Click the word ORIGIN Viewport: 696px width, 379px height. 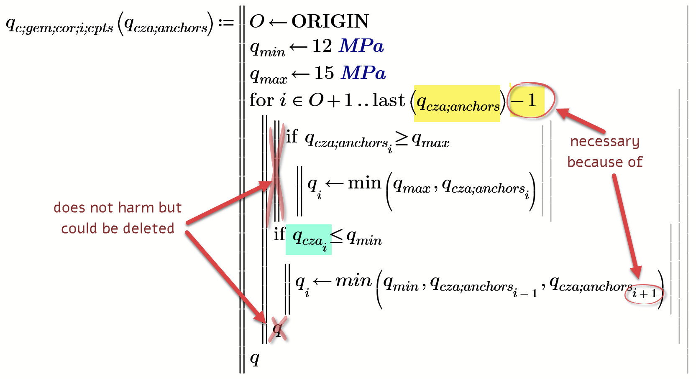(x=330, y=21)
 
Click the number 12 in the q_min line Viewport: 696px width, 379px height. (x=322, y=46)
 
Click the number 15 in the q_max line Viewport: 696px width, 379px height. (x=324, y=73)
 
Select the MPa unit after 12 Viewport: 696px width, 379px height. (x=361, y=46)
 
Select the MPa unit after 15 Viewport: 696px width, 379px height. (x=363, y=73)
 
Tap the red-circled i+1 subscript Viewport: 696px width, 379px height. (x=644, y=294)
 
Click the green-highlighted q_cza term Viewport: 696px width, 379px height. (x=309, y=239)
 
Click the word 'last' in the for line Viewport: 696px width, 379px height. (x=389, y=100)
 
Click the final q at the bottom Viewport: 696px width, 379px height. (x=254, y=358)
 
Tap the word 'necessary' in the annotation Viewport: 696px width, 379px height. (x=604, y=142)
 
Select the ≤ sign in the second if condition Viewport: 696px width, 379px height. (x=337, y=237)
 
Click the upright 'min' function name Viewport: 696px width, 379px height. (x=364, y=183)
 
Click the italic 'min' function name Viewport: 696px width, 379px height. (x=353, y=281)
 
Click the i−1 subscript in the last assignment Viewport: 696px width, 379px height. (x=525, y=293)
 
